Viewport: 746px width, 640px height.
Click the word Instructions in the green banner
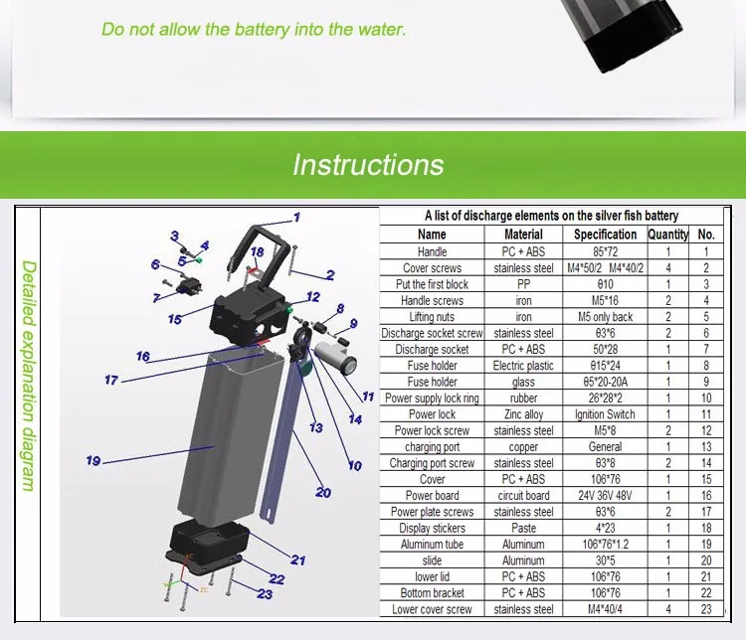click(x=368, y=164)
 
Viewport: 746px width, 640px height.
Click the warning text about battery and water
click(x=254, y=29)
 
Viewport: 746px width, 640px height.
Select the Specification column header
click(x=605, y=235)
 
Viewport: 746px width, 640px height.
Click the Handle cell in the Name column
click(x=432, y=251)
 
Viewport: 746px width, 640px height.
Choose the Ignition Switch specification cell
click(x=605, y=413)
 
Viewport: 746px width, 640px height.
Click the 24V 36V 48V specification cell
click(x=605, y=495)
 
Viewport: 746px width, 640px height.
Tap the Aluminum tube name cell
click(x=432, y=544)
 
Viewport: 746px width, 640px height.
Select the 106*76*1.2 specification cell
click(x=605, y=544)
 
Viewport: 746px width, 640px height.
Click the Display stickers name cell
click(x=432, y=528)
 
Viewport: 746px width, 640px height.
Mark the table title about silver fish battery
click(x=551, y=216)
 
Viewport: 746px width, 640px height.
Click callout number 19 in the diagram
click(x=93, y=460)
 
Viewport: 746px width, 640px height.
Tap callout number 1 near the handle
click(x=295, y=217)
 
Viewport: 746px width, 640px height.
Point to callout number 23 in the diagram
click(x=265, y=594)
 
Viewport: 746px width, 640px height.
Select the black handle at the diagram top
click(x=262, y=240)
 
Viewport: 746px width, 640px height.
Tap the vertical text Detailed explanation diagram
click(x=29, y=376)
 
